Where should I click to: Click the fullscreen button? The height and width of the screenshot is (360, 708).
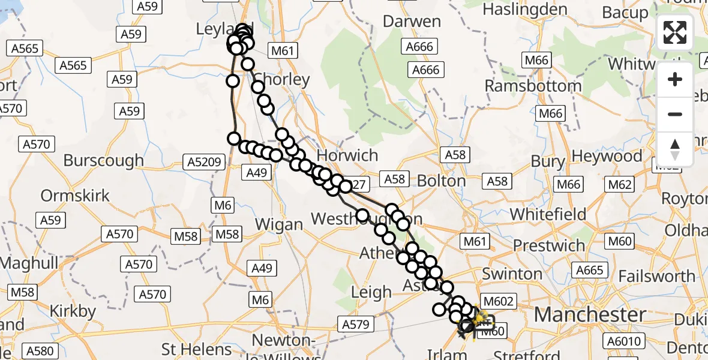point(675,32)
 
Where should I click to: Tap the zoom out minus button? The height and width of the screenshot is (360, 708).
point(675,114)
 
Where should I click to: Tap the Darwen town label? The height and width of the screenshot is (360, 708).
point(412,21)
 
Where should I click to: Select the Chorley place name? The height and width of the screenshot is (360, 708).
point(282,79)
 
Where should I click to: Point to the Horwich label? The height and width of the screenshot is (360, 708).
point(348,155)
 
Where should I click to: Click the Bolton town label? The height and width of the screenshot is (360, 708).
point(441,181)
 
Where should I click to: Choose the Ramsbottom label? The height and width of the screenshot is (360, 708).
point(533,86)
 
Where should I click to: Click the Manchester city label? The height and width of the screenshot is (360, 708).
point(590,314)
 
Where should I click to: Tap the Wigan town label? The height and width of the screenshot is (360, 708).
point(279,224)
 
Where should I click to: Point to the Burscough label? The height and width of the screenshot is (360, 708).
point(103,160)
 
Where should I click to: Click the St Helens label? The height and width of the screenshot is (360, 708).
point(197,349)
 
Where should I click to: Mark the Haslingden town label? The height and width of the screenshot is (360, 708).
point(533,10)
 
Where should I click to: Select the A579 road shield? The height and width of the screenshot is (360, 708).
point(358,325)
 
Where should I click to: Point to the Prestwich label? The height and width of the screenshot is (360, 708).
point(549,245)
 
